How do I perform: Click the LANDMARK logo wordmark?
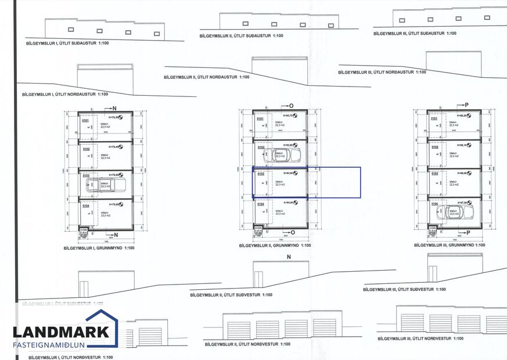pos(61,332)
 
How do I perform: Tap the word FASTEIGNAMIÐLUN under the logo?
pos(61,345)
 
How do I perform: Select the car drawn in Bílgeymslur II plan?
pos(281,154)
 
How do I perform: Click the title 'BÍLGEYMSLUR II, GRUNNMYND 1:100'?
pos(275,246)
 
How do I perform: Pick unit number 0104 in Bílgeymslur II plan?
pos(260,204)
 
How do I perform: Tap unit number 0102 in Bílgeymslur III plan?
pos(434,147)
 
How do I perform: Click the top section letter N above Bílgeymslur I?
pos(114,109)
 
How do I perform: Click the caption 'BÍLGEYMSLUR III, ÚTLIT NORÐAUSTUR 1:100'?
pos(382,72)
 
